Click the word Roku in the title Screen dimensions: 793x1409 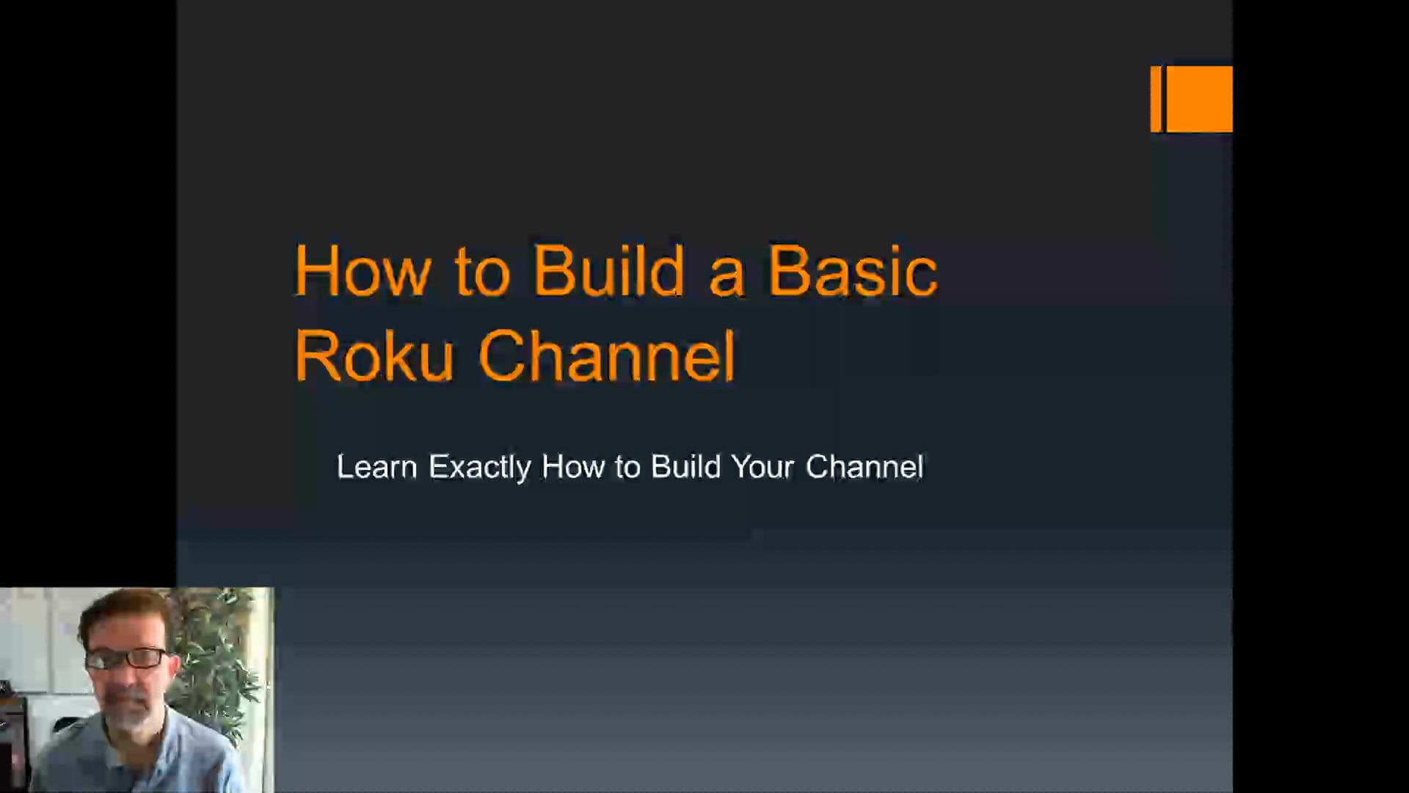[374, 356]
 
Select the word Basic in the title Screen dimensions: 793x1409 [852, 272]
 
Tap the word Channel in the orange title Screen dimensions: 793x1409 [606, 356]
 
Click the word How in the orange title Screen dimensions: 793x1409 [362, 272]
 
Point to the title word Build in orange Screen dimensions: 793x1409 [608, 272]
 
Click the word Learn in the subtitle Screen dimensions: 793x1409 [376, 467]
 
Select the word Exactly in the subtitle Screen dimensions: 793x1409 [479, 467]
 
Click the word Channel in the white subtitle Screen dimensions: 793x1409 [864, 467]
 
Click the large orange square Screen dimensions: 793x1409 [1199, 99]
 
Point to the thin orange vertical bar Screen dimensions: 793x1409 [1156, 99]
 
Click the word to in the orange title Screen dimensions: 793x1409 [481, 272]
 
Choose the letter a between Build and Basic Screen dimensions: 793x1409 [727, 275]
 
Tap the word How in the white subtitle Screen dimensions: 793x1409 [572, 467]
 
